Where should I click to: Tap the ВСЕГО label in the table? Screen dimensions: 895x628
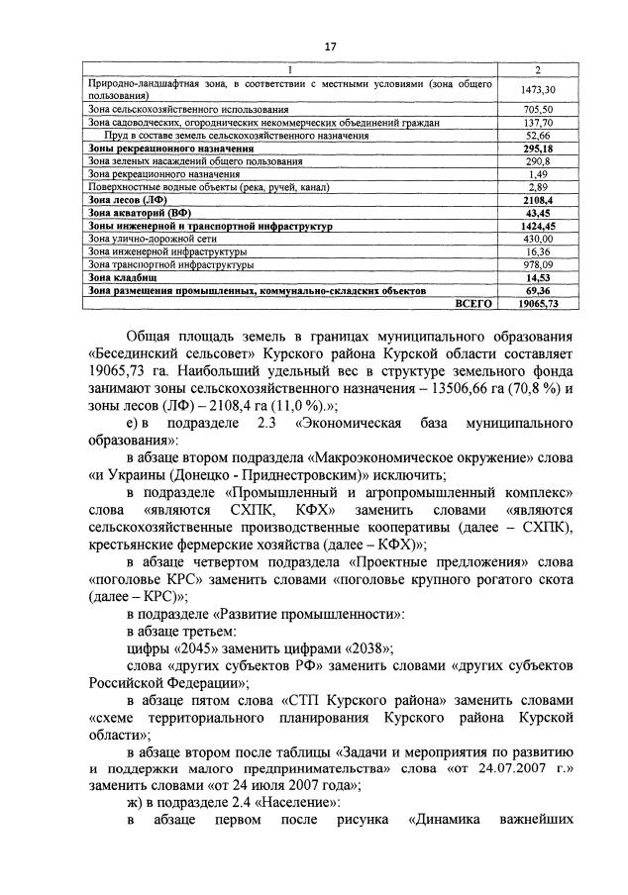coord(473,304)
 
